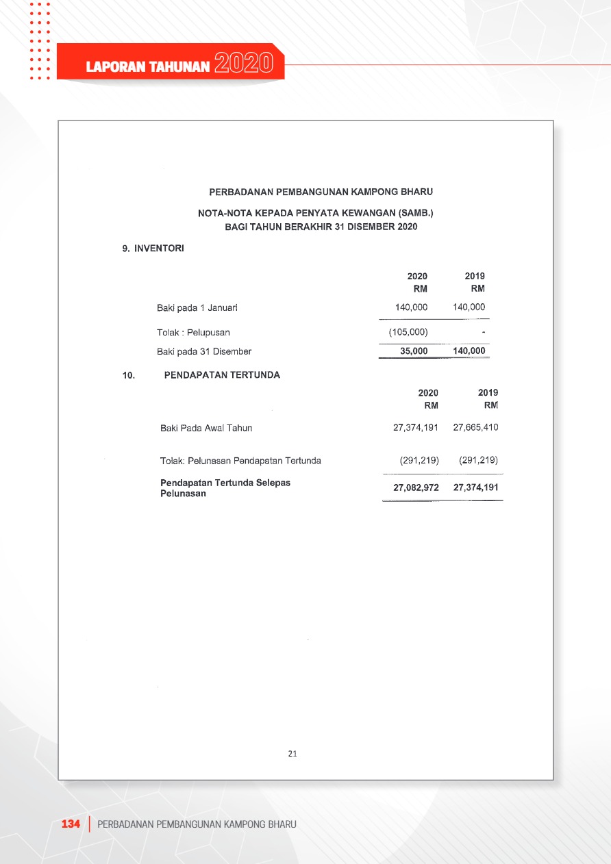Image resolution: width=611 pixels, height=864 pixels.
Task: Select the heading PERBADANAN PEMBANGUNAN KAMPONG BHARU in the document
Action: click(321, 192)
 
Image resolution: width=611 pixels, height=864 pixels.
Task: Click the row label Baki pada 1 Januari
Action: click(197, 307)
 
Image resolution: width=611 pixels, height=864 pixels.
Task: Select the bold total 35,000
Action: click(414, 351)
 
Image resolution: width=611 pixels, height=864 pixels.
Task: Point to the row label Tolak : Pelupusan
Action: click(193, 332)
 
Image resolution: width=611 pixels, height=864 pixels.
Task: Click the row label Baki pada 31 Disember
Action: click(204, 351)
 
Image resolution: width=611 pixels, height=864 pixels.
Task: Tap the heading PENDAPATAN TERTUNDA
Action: click(222, 374)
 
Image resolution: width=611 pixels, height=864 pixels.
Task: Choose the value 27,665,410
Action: click(475, 427)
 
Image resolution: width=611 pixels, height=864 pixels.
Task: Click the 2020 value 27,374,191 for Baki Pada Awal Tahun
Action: click(416, 427)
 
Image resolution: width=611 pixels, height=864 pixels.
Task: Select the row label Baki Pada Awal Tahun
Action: click(206, 428)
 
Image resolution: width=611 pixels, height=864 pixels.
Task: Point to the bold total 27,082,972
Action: click(416, 487)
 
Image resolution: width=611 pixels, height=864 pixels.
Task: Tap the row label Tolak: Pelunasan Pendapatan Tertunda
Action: click(240, 461)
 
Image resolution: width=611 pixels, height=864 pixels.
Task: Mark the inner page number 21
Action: click(292, 754)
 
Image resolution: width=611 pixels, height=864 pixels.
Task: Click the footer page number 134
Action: click(71, 824)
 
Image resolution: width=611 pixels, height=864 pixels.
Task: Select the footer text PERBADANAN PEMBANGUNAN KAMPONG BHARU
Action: click(197, 824)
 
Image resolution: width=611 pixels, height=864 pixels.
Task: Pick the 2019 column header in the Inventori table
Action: click(475, 276)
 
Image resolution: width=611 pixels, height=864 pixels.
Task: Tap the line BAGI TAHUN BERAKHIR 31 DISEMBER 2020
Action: click(321, 227)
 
